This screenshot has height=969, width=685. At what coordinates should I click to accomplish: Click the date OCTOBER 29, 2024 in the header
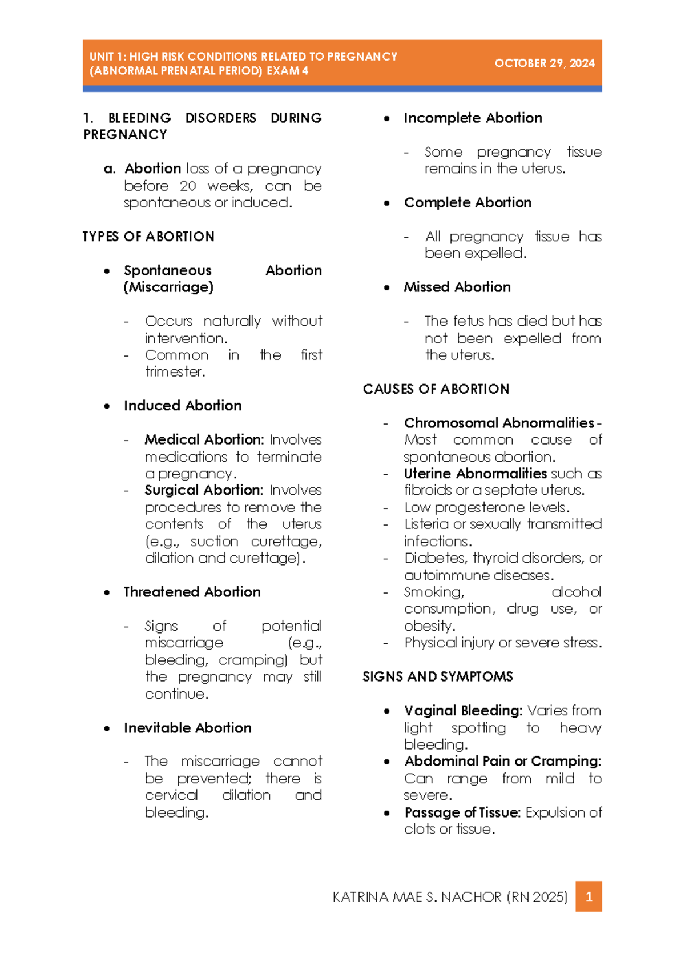544,63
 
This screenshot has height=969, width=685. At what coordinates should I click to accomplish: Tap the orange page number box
589,896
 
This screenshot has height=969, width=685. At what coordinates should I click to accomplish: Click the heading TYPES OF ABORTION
148,237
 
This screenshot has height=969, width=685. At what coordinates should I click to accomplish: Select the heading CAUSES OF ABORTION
436,389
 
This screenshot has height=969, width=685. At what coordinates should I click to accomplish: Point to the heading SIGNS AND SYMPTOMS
438,676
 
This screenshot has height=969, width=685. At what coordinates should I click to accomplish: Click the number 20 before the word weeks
188,186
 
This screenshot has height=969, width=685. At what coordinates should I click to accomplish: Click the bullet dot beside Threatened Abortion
107,592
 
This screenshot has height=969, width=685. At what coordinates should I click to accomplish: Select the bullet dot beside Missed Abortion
387,287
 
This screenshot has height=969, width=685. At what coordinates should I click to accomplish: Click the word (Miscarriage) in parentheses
168,287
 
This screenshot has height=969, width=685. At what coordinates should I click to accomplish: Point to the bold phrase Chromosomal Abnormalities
499,423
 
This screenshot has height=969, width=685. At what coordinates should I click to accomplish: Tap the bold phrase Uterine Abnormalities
475,474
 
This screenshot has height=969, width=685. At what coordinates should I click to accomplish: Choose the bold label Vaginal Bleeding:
463,711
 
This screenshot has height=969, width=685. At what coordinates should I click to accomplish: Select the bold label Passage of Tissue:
462,812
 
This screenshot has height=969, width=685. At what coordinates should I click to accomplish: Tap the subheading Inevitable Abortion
187,728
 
